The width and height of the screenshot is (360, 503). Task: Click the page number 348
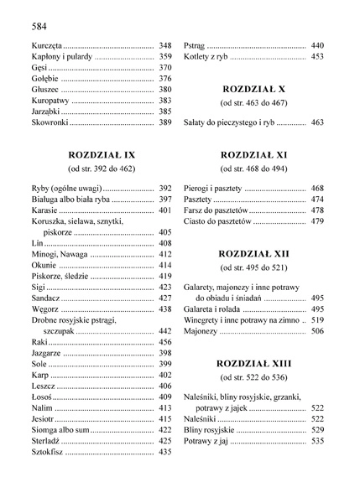click(164, 44)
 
